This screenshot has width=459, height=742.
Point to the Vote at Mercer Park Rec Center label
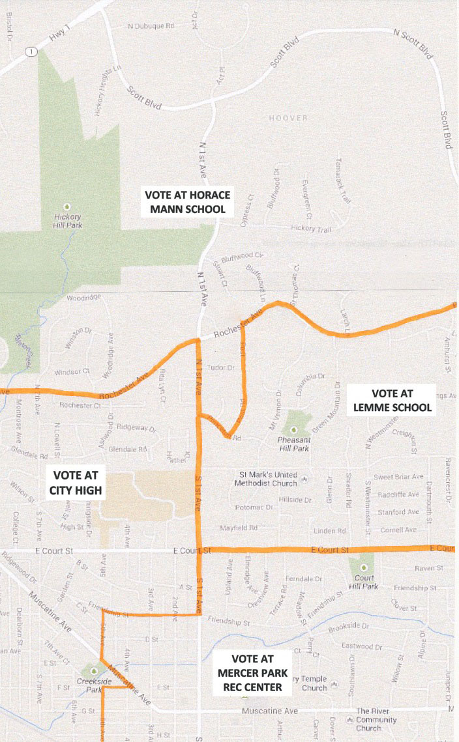pos(251,672)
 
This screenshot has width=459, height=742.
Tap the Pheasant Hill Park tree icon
pos(293,429)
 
